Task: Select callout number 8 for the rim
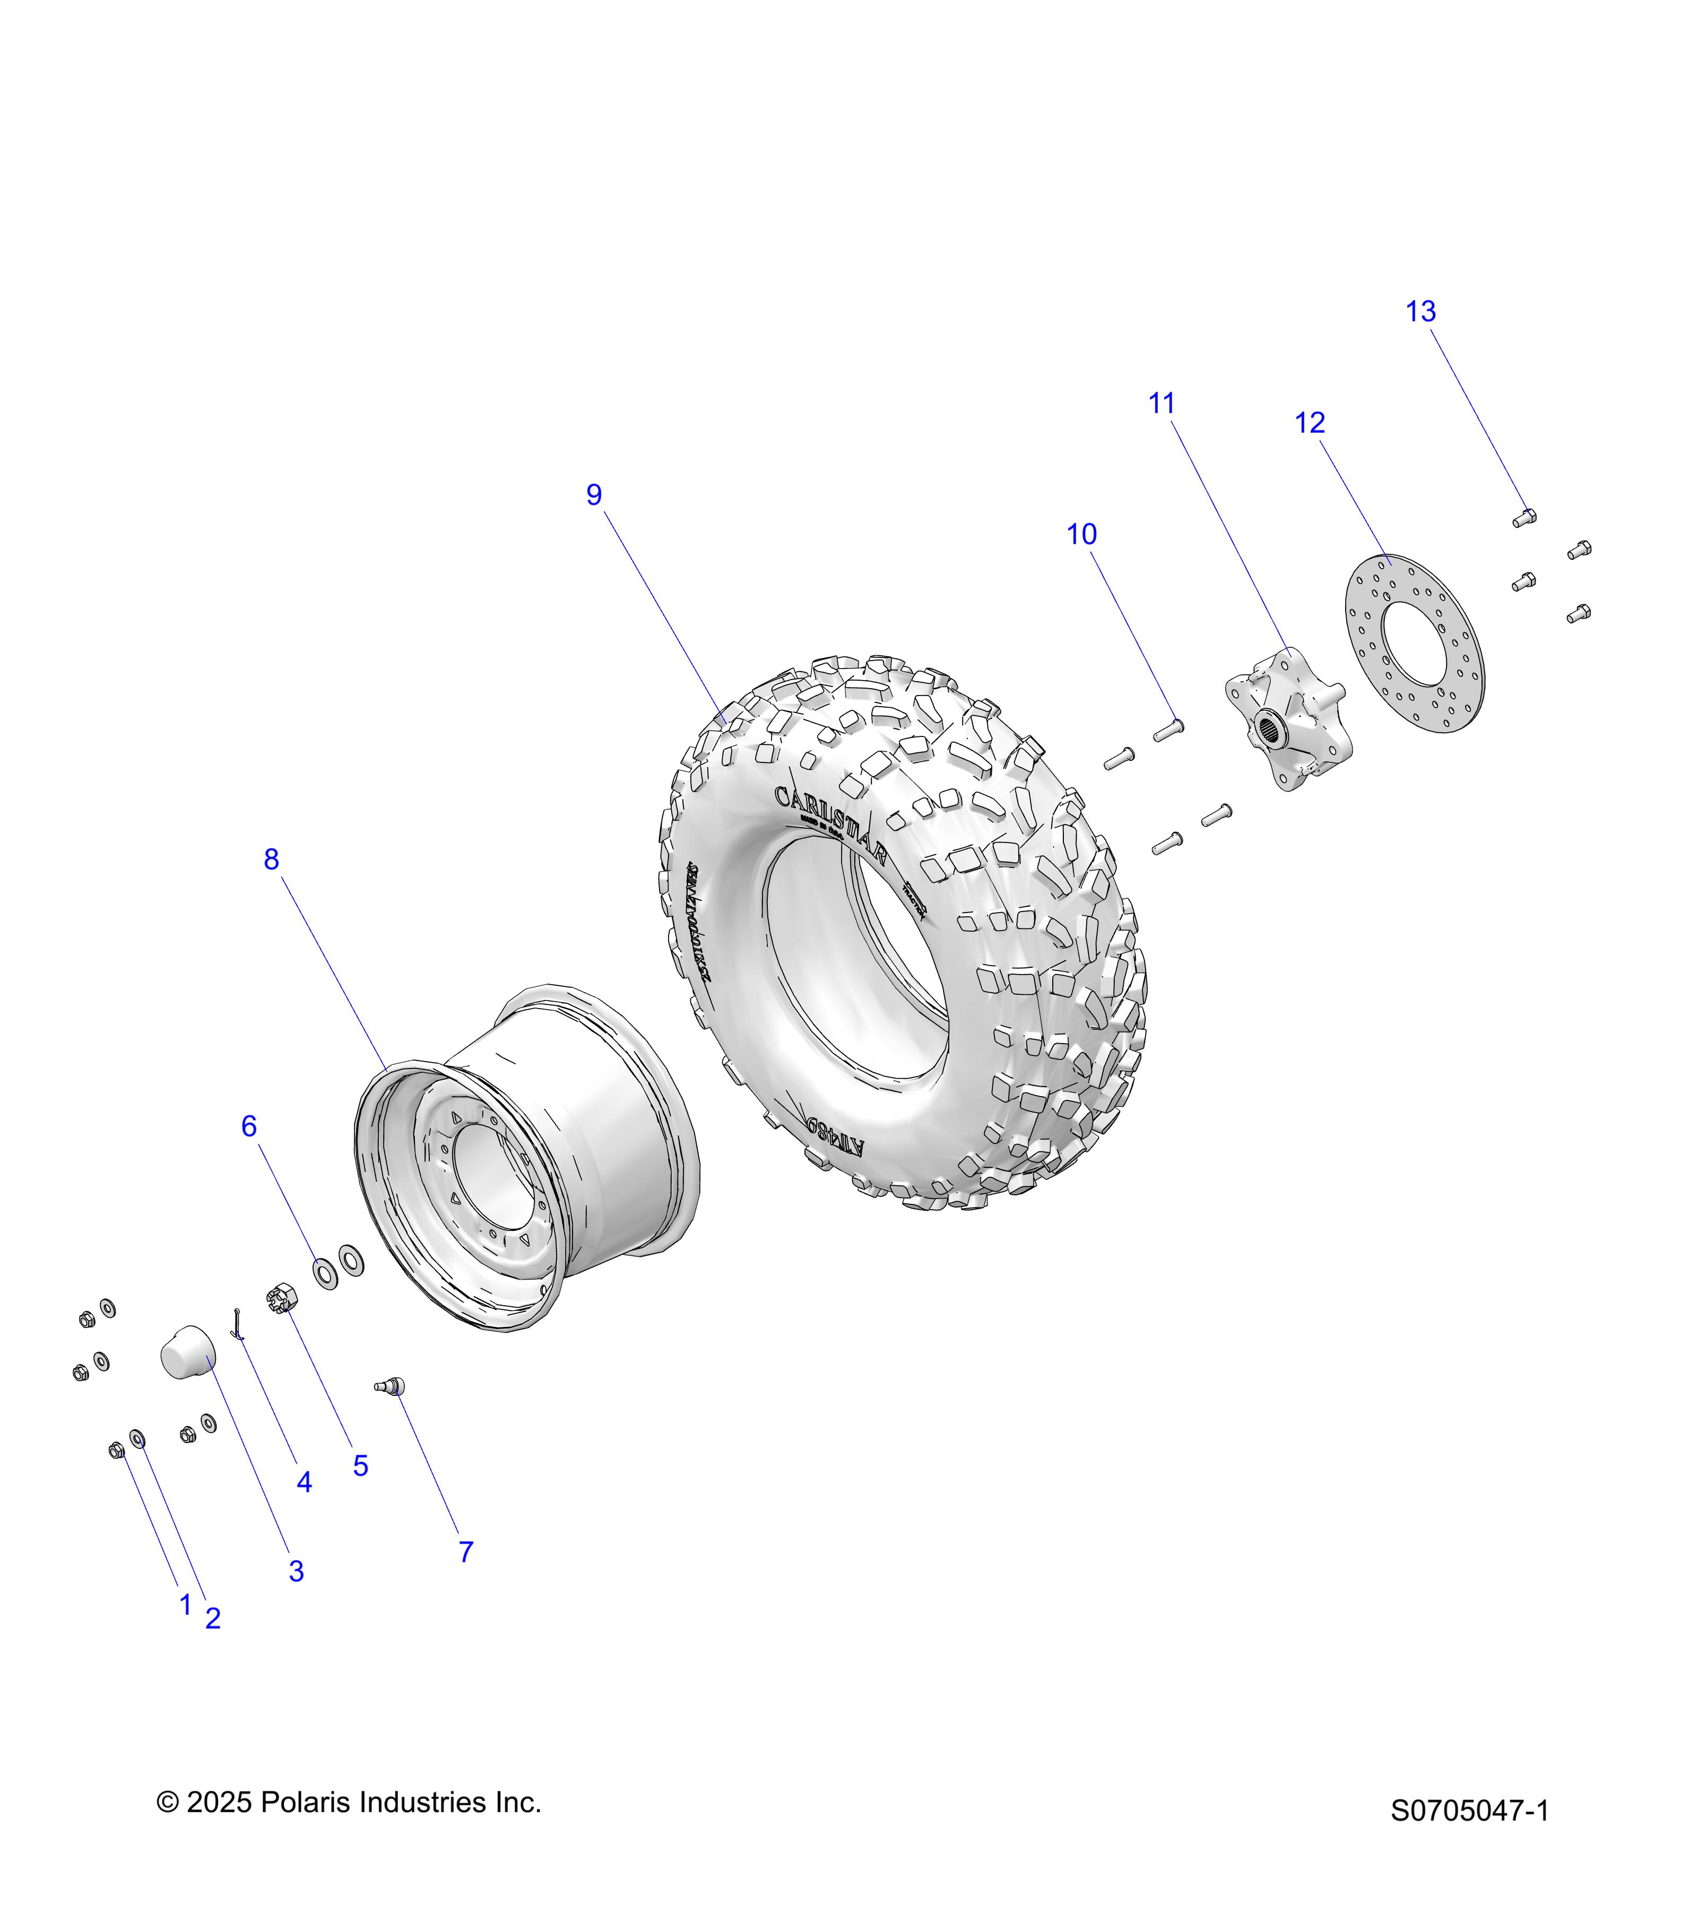tap(271, 859)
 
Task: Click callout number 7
tap(465, 1551)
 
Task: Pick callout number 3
tap(296, 1571)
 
